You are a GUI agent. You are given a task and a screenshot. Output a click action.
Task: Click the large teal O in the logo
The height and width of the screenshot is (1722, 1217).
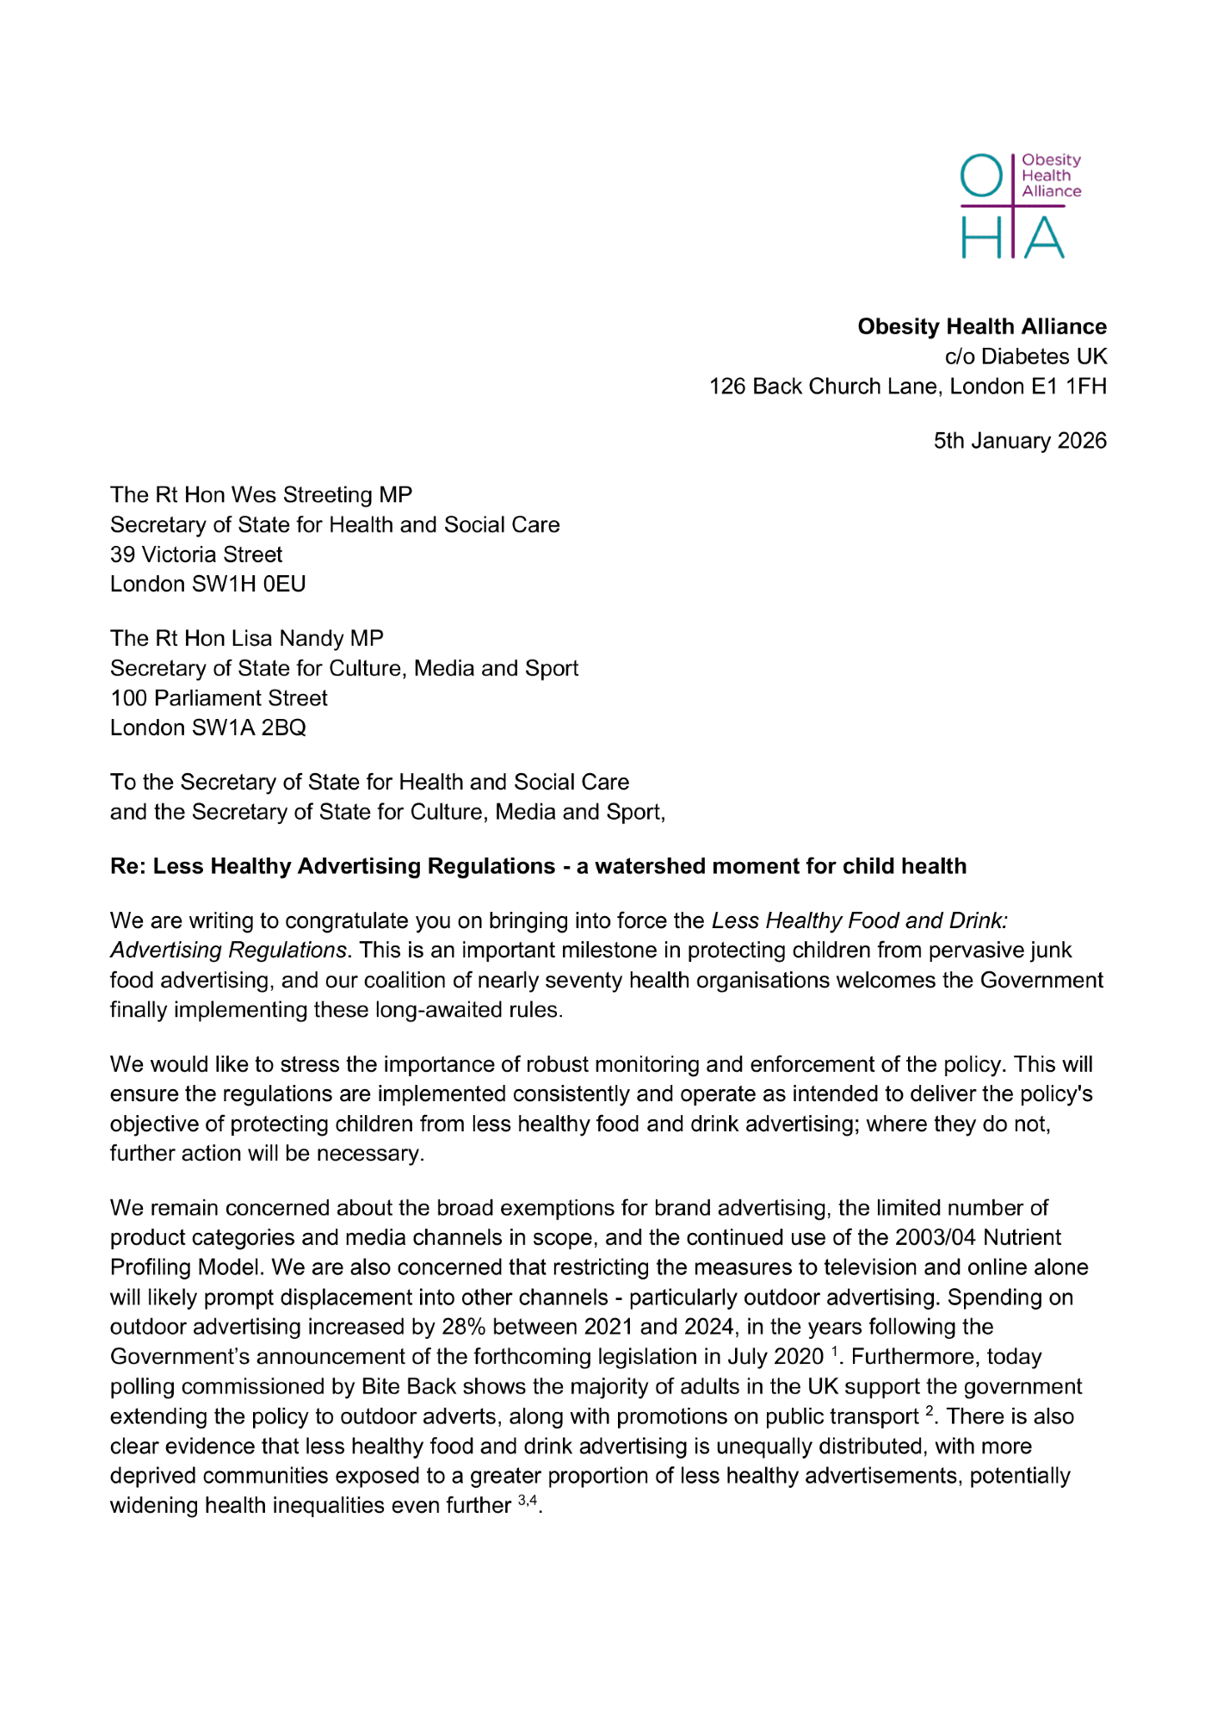click(x=981, y=176)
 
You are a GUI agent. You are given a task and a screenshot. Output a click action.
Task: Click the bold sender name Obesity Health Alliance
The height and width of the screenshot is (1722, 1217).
click(x=981, y=327)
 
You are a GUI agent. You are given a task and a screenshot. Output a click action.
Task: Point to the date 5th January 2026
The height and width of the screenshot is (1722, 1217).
click(x=1020, y=441)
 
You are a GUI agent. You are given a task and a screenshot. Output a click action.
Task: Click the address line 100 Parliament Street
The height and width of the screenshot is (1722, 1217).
click(x=219, y=698)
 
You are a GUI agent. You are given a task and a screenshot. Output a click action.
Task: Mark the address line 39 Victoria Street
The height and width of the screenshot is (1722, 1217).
click(x=196, y=554)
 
